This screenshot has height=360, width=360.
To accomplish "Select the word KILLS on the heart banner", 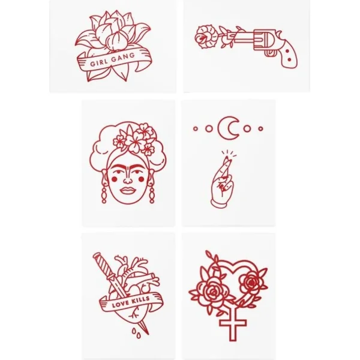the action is [141, 299].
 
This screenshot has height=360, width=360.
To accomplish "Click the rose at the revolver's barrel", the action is [205, 37].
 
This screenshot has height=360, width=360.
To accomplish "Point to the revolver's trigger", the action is [271, 53].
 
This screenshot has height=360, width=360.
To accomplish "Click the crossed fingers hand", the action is [223, 182].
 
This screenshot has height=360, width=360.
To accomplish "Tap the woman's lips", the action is [128, 190].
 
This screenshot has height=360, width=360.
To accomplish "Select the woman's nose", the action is [127, 180].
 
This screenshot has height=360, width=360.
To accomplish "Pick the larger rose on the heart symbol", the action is [214, 292].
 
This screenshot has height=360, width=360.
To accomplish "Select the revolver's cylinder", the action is [261, 41].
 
